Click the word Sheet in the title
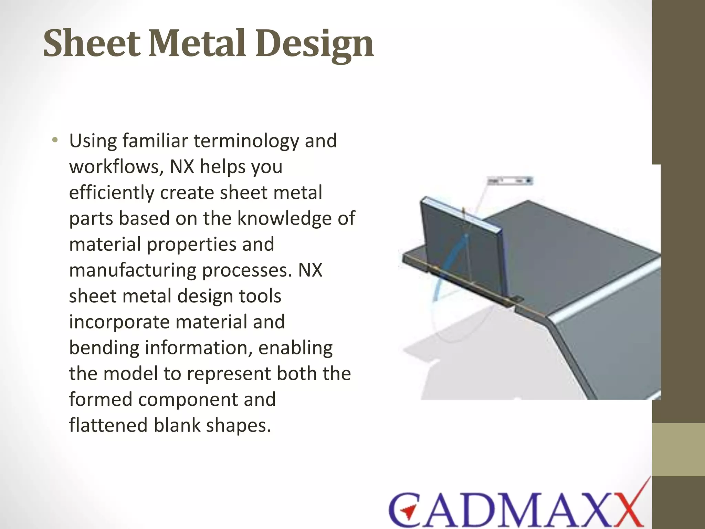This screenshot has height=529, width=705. (92, 44)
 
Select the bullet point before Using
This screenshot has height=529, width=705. (54, 140)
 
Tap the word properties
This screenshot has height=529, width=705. (191, 245)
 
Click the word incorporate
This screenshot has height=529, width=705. (119, 322)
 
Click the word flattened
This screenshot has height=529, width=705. (108, 425)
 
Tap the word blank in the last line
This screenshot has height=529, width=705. (177, 425)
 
